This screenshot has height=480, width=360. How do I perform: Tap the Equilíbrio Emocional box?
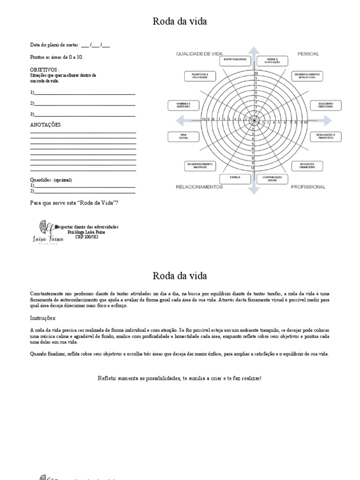[x=325, y=105]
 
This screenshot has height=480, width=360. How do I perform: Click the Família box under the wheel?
[x=235, y=179]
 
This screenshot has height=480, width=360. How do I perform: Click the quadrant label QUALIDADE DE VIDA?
[x=199, y=54]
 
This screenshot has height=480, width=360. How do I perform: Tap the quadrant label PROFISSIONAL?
[x=308, y=187]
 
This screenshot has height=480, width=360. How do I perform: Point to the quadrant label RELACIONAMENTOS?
[x=199, y=187]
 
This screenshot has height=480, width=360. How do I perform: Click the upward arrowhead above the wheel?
[x=253, y=50]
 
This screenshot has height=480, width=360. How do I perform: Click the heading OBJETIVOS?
[x=44, y=69]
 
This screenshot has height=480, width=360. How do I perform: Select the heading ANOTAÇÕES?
[x=45, y=125]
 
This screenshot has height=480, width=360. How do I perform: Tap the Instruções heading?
[x=43, y=318]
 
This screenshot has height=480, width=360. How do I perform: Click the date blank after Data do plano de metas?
[x=96, y=45]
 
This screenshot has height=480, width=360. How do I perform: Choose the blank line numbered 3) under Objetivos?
[x=84, y=114]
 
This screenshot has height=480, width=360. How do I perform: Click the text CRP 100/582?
[x=87, y=237]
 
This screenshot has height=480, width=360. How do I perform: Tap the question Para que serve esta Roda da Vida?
[x=74, y=202]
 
